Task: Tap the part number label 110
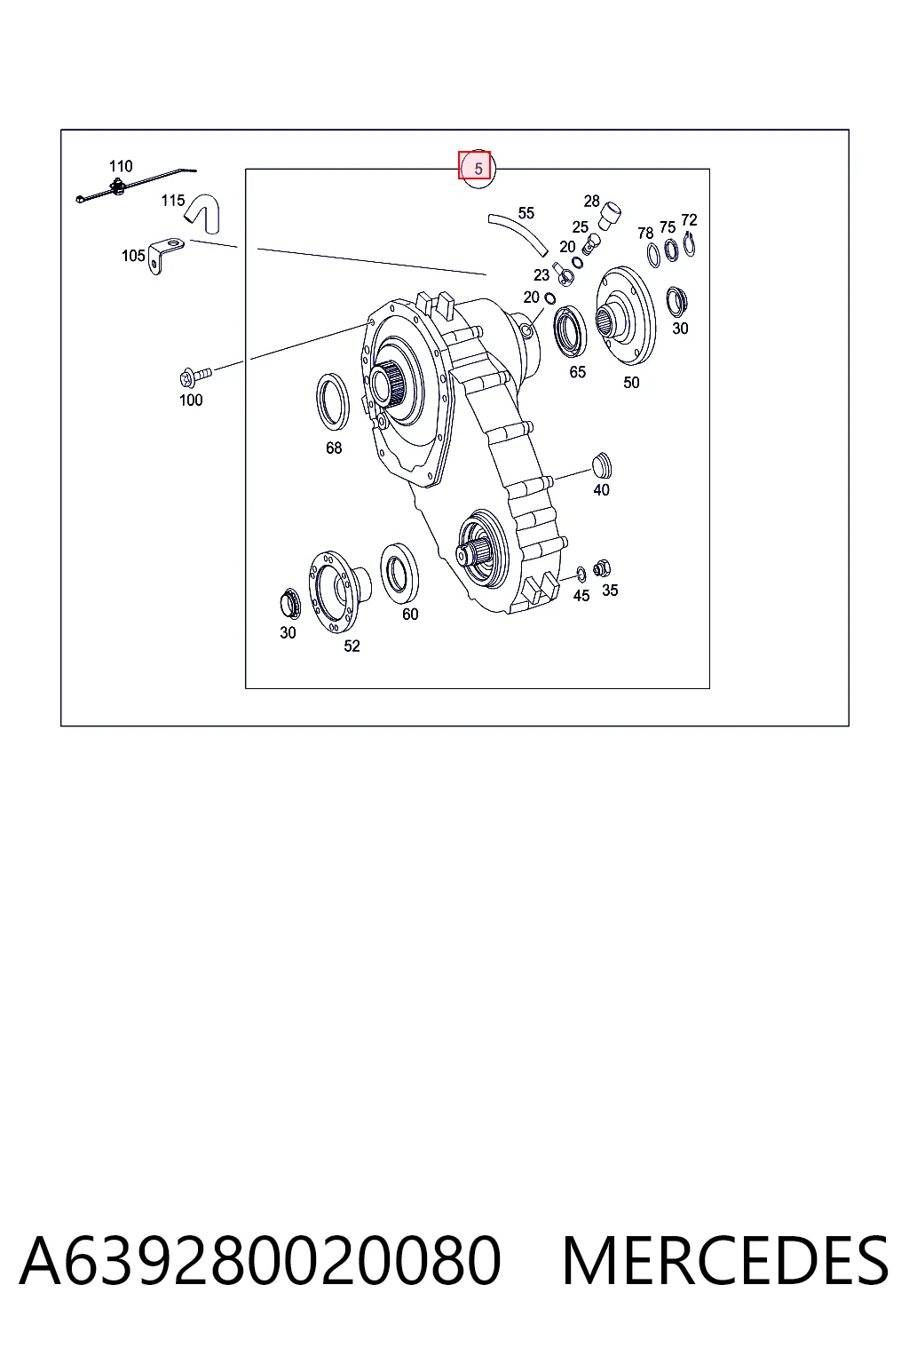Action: tap(121, 166)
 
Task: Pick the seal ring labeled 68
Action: tap(333, 402)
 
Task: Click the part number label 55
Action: tap(526, 213)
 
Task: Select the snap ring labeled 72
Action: tap(689, 244)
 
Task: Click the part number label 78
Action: tap(645, 233)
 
